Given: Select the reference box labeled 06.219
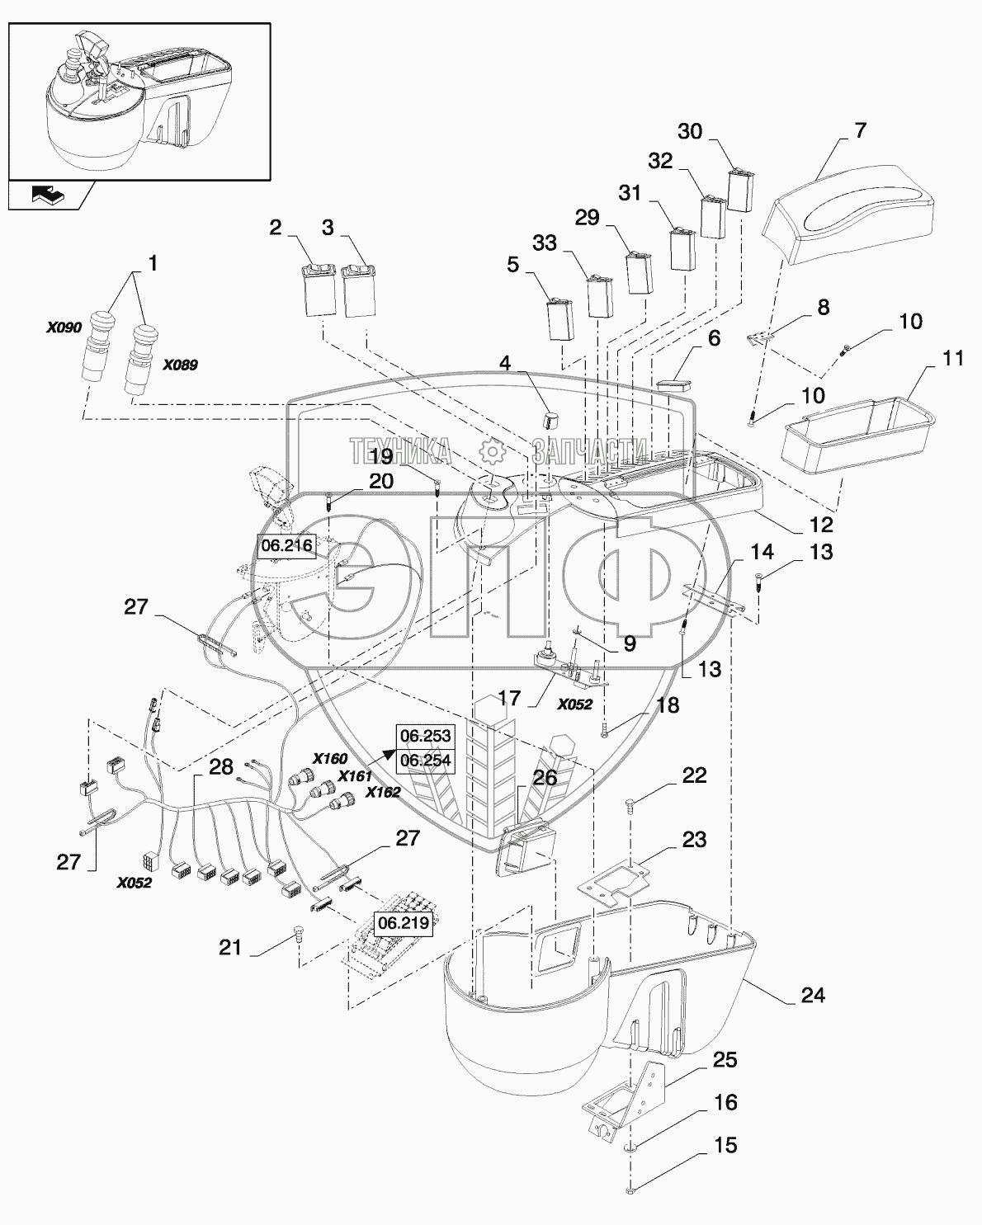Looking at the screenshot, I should coord(404,922).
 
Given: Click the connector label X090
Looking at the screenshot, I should coord(64,327).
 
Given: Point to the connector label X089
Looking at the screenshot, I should coord(180,365).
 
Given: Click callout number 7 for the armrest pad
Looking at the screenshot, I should coord(860,130).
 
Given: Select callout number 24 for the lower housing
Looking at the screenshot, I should coord(813,996).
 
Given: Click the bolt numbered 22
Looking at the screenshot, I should coord(631,803).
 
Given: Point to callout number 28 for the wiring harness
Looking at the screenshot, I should coord(220,766).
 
